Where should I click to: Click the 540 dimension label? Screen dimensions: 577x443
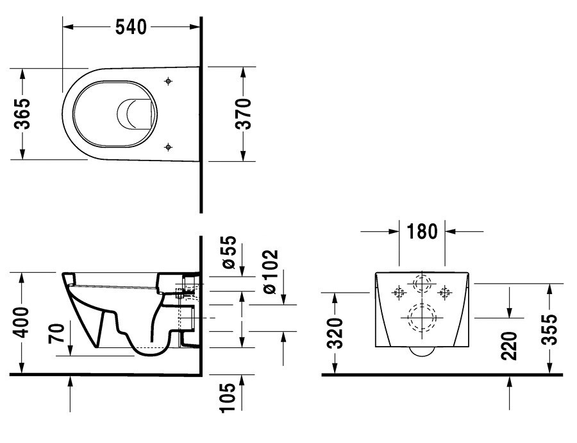pyautogui.click(x=131, y=27)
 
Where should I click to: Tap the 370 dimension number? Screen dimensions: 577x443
pyautogui.click(x=243, y=114)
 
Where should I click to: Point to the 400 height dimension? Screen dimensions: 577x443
pyautogui.click(x=22, y=322)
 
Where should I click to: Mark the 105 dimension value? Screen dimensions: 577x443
pyautogui.click(x=228, y=397)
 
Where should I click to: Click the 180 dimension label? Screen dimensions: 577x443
pyautogui.click(x=422, y=231)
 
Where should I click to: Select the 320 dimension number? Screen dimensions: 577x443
pyautogui.click(x=335, y=334)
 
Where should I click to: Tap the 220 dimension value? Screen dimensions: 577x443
pyautogui.click(x=509, y=345)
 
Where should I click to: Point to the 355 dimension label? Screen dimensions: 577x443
pyautogui.click(x=550, y=329)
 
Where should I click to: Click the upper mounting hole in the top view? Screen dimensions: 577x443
pyautogui.click(x=168, y=81)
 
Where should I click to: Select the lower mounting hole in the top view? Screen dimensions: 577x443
pyautogui.click(x=168, y=147)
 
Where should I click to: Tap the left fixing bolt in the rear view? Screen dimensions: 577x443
pyautogui.click(x=399, y=293)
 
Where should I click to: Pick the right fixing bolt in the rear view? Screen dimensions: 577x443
pyautogui.click(x=445, y=293)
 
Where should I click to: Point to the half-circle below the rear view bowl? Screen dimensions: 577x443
pyautogui.click(x=422, y=355)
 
